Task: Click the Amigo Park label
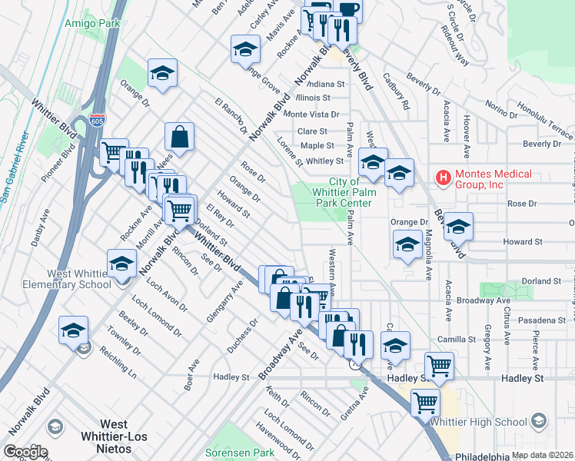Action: (92, 24)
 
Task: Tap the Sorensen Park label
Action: (240, 453)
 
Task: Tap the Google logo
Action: (25, 452)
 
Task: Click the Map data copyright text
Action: (542, 455)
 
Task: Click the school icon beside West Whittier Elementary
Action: (121, 264)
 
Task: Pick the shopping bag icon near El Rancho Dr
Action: (178, 138)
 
